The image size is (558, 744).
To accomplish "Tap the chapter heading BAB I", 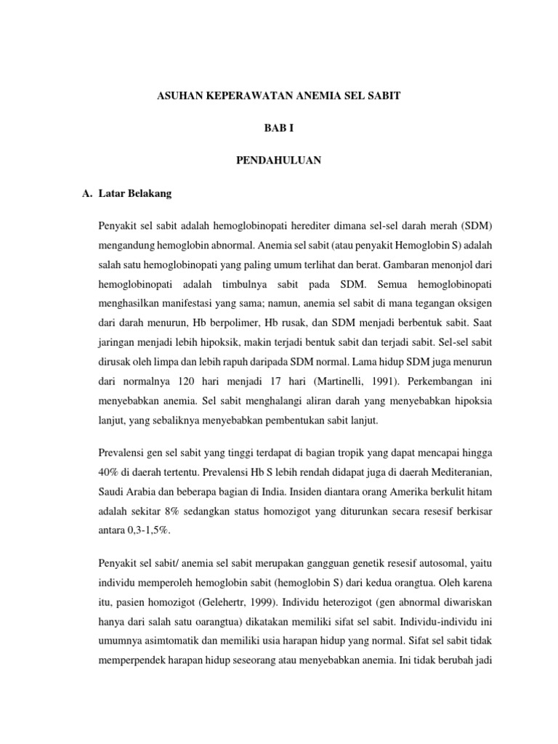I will [x=278, y=128].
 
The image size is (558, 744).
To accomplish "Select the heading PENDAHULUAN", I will [x=278, y=160].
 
